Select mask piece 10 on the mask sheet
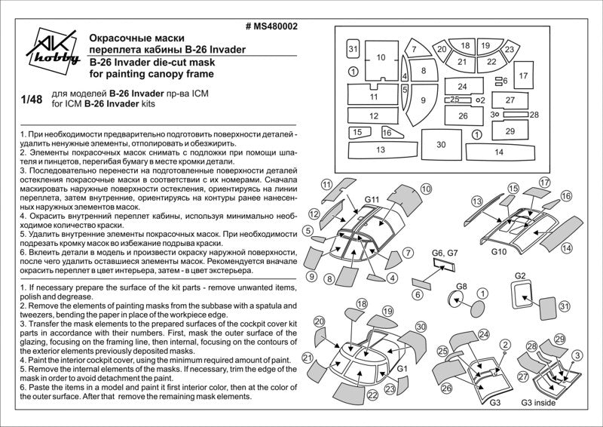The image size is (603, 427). coord(381,58)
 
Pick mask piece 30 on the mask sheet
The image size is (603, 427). coord(441,143)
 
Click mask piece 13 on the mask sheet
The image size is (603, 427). coord(381,150)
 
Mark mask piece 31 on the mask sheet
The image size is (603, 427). coord(352,49)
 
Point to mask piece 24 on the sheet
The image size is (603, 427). coord(462,87)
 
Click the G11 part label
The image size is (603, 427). coord(372,199)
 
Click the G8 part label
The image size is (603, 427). coord(461,286)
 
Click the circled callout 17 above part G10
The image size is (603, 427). coord(546,183)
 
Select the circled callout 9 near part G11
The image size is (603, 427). coord(311,278)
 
